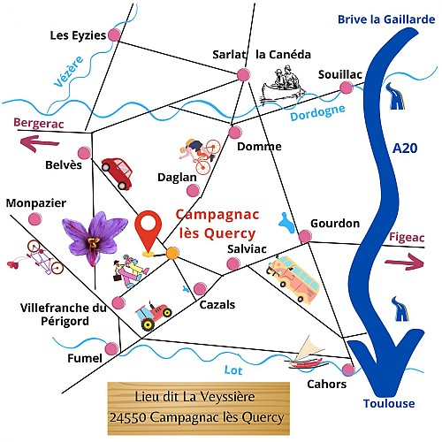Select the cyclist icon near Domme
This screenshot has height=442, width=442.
198,154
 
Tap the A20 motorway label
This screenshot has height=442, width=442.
404,151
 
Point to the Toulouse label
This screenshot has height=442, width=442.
388,403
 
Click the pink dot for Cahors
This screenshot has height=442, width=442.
349,369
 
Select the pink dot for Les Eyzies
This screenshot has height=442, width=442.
113,35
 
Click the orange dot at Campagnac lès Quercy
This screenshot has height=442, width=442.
172,254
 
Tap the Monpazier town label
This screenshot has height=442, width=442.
35,202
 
